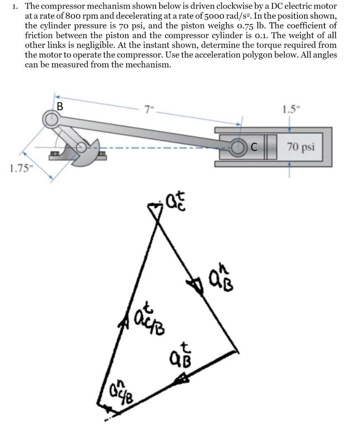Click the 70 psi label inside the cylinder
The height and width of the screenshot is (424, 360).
(302, 147)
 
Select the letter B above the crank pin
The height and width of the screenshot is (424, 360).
(60, 106)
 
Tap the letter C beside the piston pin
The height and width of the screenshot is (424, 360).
(254, 146)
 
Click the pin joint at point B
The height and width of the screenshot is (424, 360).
(51, 119)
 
